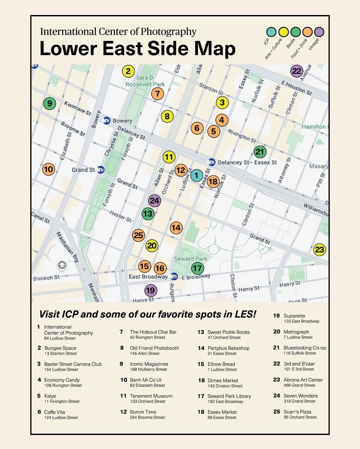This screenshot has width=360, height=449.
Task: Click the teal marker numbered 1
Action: coord(196,175)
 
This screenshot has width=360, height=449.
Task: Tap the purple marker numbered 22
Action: coord(297,71)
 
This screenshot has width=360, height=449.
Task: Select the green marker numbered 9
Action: coord(49,103)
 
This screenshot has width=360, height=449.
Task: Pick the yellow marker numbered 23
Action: coord(319,250)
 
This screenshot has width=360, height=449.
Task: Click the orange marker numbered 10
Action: coord(48,169)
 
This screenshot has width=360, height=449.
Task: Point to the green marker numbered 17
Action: coord(197,268)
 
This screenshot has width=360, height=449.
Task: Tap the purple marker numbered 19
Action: coord(151,290)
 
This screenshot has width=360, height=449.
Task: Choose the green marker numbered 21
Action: coord(260,152)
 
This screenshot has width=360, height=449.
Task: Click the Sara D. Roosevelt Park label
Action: coord(145,81)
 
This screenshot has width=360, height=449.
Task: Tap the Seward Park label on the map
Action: coord(190,259)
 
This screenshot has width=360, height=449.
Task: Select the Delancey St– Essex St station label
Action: coord(247,162)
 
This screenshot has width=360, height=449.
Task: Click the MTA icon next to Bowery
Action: coord(107,121)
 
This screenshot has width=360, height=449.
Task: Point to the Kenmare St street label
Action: coord(78,108)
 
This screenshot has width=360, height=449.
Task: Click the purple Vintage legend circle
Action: coord(319,32)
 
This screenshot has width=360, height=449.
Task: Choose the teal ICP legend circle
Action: coord(271,32)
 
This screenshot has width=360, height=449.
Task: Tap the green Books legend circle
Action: coord(295,32)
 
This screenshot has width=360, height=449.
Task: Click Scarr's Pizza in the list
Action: coord(297,412)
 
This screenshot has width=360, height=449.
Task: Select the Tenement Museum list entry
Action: coord(151,396)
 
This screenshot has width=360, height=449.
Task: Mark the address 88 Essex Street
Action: coord(222,418)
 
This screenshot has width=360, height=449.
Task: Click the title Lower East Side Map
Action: coord(137,49)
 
